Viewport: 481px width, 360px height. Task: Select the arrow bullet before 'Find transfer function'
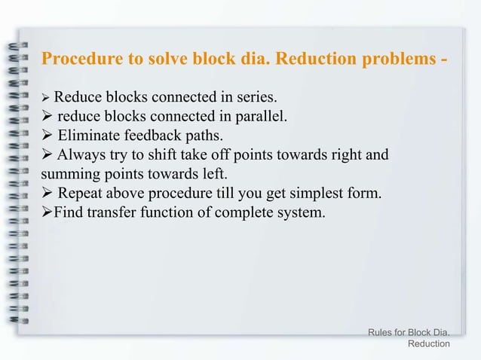[47, 215]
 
